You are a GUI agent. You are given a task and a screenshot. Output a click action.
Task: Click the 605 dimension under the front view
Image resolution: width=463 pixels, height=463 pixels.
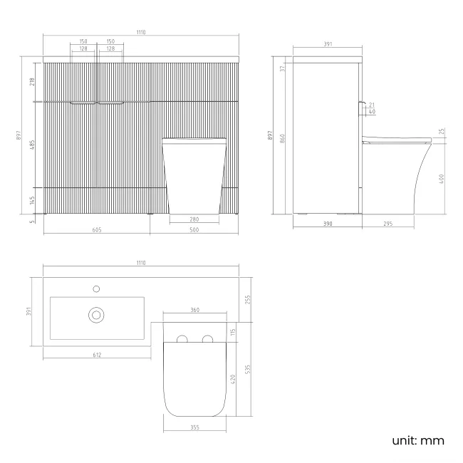97,230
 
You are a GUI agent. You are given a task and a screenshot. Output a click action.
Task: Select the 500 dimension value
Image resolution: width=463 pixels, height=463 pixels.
194,230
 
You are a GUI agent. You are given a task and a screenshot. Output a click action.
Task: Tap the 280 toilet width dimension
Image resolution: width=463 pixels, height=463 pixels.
194,219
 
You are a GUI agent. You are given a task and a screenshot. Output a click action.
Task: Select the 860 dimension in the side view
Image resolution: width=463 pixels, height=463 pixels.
282,138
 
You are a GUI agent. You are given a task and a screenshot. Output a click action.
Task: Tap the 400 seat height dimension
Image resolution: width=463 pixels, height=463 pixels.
442,179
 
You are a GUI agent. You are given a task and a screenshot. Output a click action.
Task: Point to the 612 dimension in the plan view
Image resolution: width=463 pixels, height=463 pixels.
97,355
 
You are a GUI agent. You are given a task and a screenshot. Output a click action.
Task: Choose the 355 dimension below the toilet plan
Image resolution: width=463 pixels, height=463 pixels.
194,427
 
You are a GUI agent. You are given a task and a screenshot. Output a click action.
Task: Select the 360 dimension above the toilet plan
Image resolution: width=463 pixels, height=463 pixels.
194,311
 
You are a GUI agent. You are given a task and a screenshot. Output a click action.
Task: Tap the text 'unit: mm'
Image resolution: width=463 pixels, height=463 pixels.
418,440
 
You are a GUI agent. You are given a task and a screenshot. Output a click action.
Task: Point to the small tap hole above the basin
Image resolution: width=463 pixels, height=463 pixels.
96,288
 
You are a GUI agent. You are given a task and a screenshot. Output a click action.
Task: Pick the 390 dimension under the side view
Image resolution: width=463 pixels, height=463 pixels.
327,224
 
